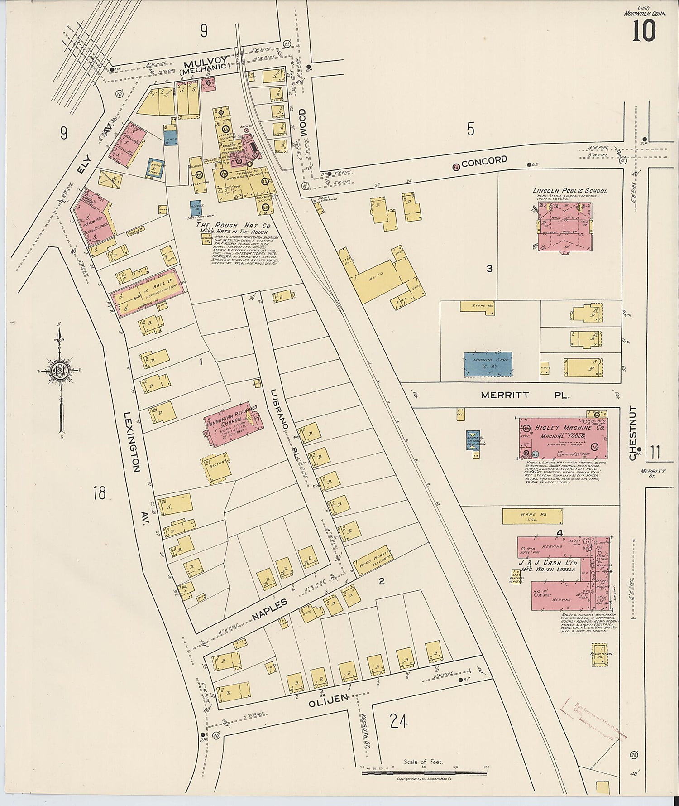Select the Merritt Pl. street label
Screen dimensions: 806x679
pos(525,395)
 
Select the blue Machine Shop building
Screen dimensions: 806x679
pos(488,364)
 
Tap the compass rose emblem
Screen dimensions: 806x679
pos(60,372)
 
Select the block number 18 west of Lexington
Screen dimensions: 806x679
pos(99,492)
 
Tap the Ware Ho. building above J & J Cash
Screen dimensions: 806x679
pos(533,517)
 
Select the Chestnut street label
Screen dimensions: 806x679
pos(633,433)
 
